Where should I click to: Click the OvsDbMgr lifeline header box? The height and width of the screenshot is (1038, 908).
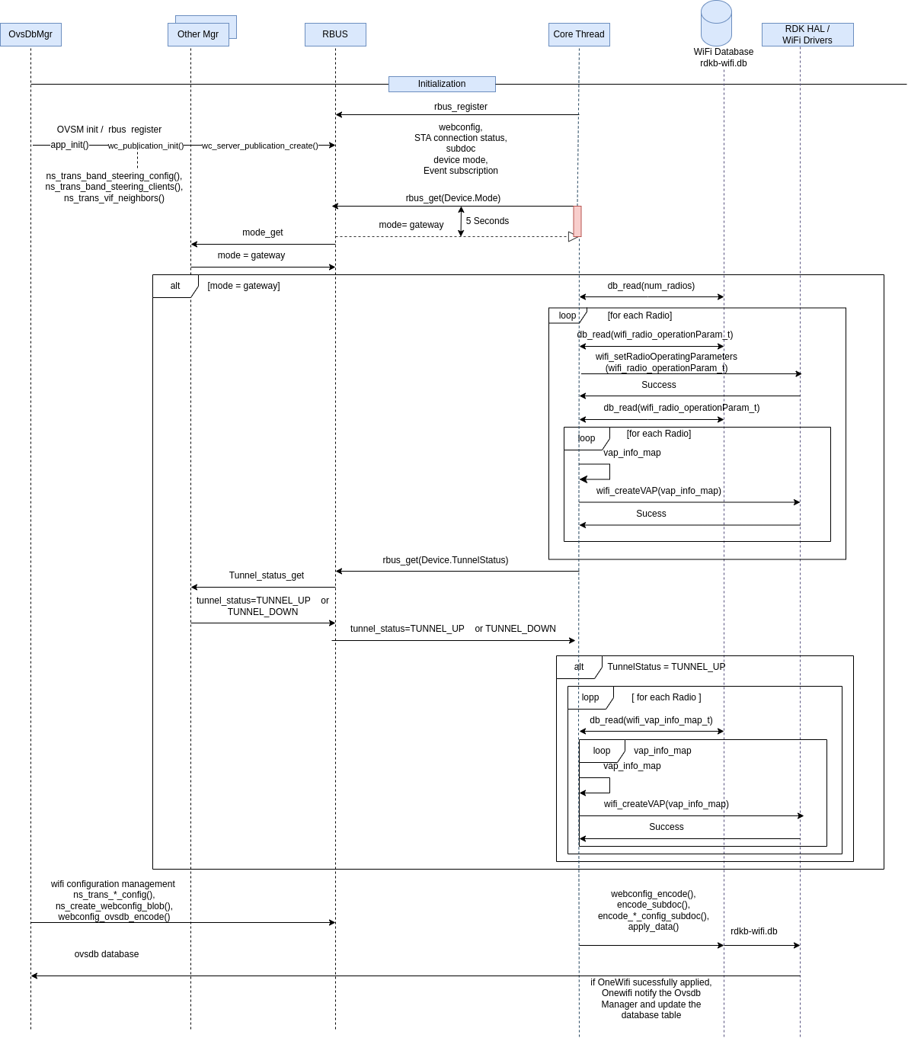point(30,34)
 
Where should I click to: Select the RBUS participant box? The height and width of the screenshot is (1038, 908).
point(335,34)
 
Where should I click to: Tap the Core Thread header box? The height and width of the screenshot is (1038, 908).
point(579,34)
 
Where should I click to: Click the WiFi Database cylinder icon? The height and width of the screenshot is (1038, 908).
point(716,23)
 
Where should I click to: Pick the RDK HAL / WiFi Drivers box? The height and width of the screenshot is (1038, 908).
point(807,34)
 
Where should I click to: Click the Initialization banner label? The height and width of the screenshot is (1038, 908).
point(442,84)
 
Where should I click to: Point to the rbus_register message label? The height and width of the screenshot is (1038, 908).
point(460,107)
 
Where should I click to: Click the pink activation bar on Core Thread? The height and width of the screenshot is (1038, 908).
point(577,221)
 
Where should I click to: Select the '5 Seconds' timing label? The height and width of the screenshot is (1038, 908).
point(488,221)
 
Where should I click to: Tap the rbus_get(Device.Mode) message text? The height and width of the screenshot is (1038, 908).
point(452,198)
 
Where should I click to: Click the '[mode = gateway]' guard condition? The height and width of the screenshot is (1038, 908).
point(243,286)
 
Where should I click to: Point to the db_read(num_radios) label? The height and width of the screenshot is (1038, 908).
point(651,286)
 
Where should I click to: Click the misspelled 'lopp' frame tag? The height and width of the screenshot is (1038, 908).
point(590,697)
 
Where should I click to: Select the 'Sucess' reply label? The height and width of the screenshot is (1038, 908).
point(651,514)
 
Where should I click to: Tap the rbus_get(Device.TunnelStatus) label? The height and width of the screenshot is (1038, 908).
point(445,559)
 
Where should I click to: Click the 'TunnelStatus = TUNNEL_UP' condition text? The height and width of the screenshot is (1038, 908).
point(667,667)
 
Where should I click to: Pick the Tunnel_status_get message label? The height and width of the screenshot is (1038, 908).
point(266,575)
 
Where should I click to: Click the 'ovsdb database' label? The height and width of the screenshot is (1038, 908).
point(107,953)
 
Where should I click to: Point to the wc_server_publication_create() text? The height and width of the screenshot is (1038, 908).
point(260,146)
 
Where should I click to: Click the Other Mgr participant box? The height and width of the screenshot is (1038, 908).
point(198,34)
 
